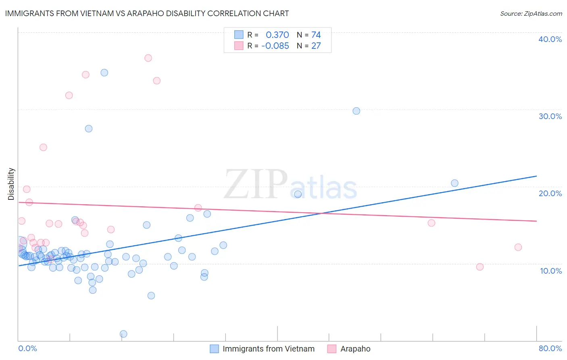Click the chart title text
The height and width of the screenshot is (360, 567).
(x=147, y=13)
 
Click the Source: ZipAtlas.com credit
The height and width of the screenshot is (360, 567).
(x=531, y=14)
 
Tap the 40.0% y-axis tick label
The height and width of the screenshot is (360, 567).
(x=550, y=39)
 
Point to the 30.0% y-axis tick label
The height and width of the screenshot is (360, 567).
(x=550, y=116)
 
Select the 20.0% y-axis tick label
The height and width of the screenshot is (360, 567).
(x=550, y=193)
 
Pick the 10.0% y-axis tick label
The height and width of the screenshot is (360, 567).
(x=551, y=271)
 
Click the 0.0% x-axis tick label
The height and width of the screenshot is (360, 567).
(x=27, y=348)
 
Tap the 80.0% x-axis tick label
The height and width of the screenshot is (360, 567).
(x=550, y=348)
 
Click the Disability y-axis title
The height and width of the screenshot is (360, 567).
(x=11, y=184)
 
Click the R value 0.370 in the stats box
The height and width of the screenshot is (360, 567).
(x=277, y=35)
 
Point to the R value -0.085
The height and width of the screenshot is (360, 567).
(x=275, y=46)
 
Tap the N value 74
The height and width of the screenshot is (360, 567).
(x=316, y=35)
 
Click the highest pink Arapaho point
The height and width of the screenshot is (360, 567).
(x=148, y=58)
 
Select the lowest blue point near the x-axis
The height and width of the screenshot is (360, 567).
(x=123, y=334)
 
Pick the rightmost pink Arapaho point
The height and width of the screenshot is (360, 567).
(x=518, y=247)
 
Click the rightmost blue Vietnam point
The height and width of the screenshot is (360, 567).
(x=454, y=183)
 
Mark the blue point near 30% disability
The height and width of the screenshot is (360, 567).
(x=356, y=111)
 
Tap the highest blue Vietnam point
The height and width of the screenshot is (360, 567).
(x=104, y=73)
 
